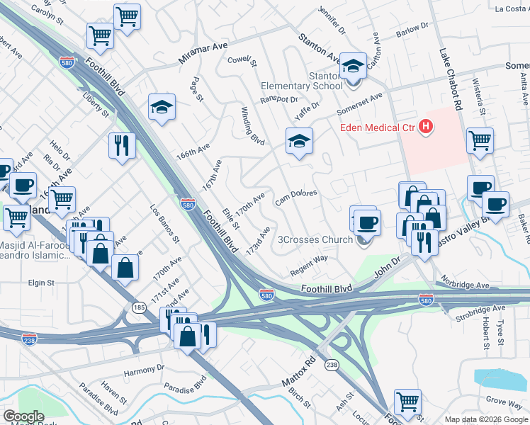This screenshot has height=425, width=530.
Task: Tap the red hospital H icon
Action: pyautogui.click(x=426, y=127)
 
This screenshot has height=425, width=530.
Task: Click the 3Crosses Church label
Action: pyautogui.click(x=317, y=239)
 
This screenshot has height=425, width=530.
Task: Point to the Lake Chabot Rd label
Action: pyautogui.click(x=450, y=78)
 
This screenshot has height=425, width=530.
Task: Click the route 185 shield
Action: pyautogui.click(x=138, y=307)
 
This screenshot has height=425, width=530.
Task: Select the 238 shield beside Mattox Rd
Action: pyautogui.click(x=331, y=364)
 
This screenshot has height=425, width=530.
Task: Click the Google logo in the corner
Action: pyautogui.click(x=23, y=416)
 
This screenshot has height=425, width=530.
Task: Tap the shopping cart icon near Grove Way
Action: pyautogui.click(x=407, y=402)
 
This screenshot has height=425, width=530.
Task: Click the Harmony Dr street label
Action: pyautogui.click(x=144, y=368)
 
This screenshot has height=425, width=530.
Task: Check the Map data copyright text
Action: pyautogui.click(x=486, y=419)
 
